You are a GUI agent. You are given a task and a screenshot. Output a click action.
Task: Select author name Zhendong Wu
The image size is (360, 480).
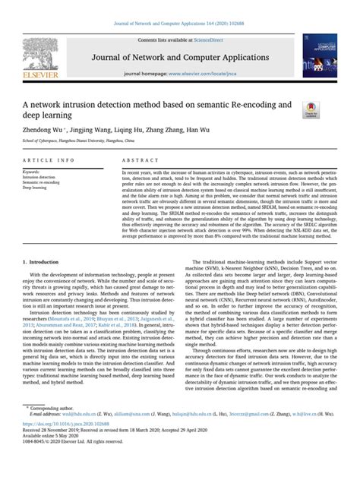tap(43, 131)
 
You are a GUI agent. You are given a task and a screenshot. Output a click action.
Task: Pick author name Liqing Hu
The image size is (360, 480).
tap(132, 131)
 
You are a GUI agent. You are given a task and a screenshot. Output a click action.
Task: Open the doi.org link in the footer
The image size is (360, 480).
tap(60, 444)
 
